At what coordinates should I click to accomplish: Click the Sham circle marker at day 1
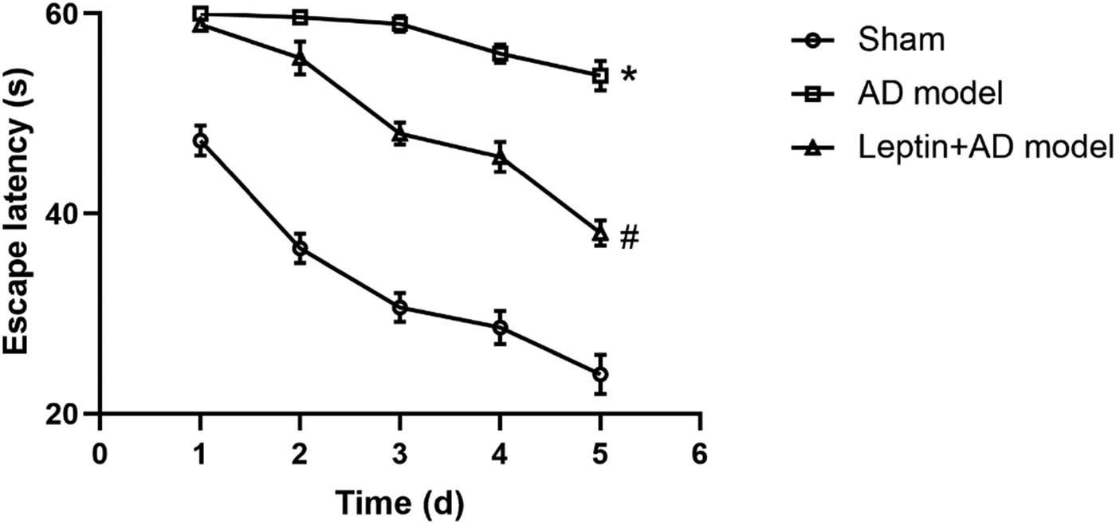tap(201, 140)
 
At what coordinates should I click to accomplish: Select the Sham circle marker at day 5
tap(600, 374)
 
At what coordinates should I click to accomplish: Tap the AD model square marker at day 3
tap(400, 24)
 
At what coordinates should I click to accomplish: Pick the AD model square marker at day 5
tap(600, 75)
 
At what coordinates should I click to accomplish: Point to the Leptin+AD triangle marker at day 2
tap(301, 57)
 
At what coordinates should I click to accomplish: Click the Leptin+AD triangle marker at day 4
tap(501, 156)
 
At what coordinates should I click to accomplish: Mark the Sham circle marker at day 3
tap(400, 307)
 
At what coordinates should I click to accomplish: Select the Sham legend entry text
tap(901, 40)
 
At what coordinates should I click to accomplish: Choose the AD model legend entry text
tap(929, 93)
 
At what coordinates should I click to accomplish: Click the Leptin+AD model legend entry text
tap(985, 147)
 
